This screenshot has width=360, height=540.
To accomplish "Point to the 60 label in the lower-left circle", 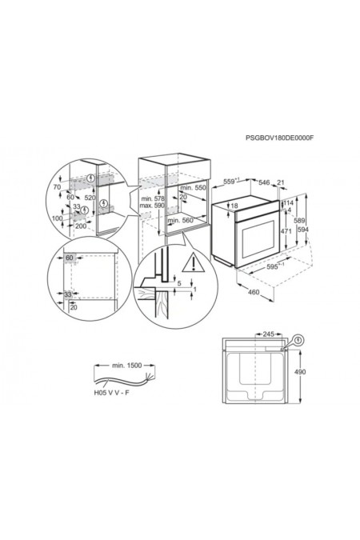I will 70,258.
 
